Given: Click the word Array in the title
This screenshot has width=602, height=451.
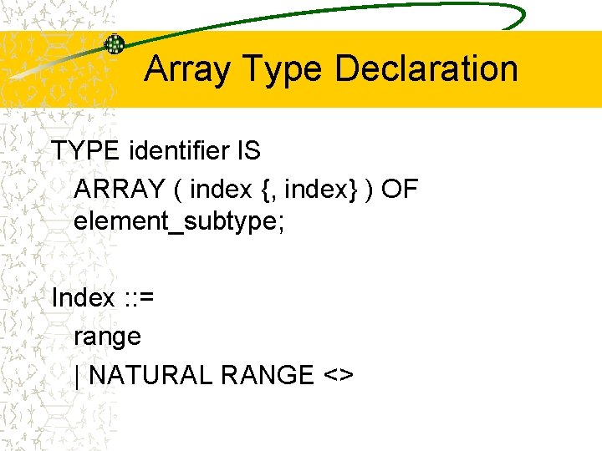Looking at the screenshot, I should coord(186,69).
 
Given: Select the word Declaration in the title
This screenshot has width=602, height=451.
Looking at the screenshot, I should coord(426,68).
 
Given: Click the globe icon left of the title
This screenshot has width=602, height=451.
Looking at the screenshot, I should coord(114,45).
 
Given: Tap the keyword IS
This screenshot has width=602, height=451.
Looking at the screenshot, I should coord(249,151).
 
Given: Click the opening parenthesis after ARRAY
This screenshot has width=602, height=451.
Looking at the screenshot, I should coord(178,190).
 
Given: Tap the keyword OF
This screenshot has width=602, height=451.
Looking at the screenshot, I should coord(400,190).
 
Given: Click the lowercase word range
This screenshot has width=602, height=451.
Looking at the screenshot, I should coord(108,337).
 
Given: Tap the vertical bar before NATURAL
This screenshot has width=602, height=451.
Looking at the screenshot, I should coord(78,376).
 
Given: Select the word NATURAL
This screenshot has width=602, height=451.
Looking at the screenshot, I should coord(150,375).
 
